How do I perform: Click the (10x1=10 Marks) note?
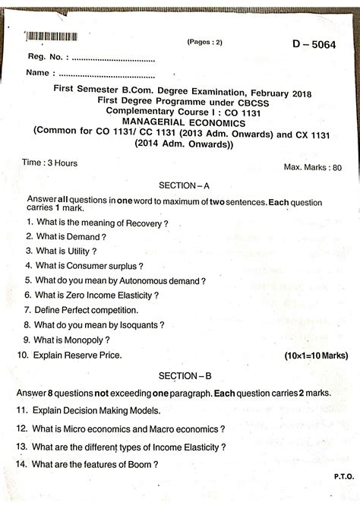click(x=317, y=355)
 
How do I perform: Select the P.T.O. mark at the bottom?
click(x=340, y=494)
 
